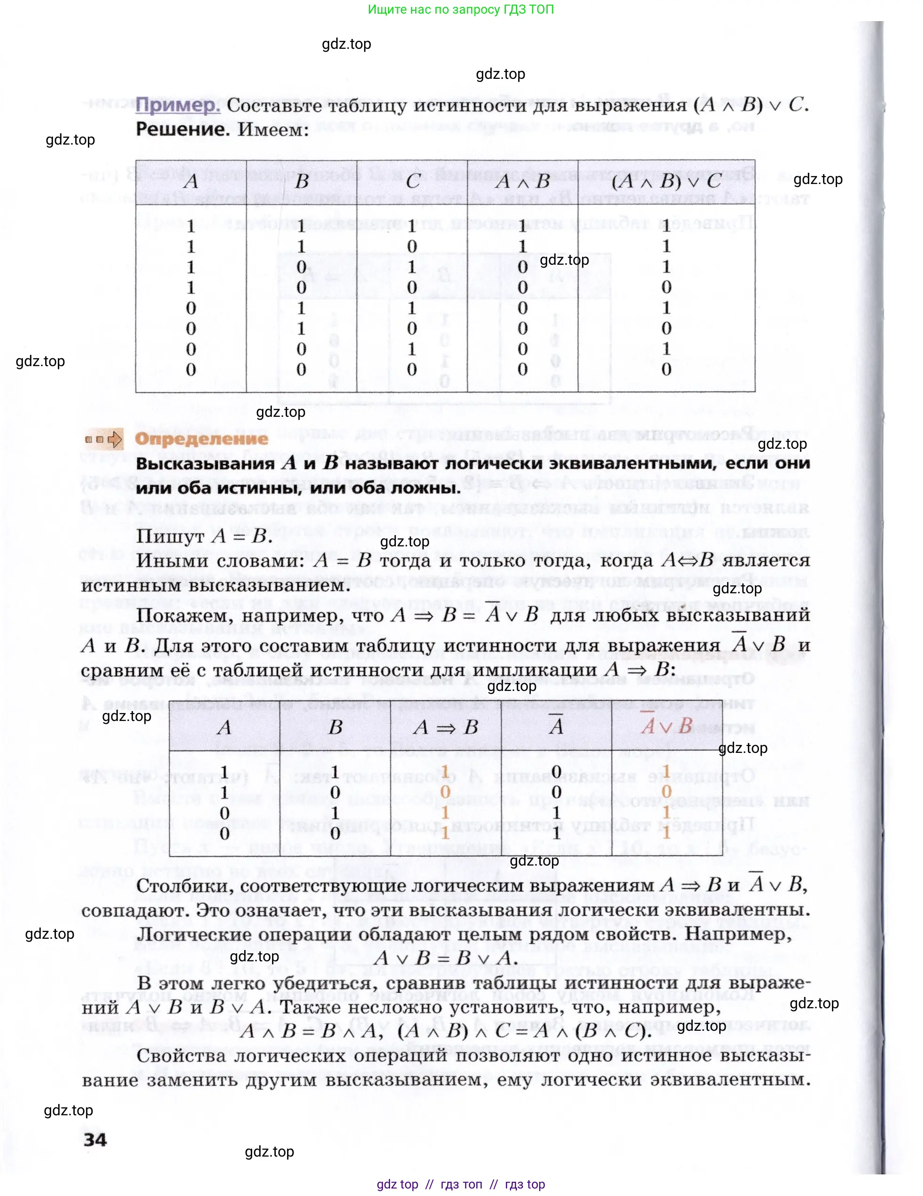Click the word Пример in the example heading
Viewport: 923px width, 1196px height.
177,104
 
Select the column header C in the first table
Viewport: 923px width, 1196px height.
412,181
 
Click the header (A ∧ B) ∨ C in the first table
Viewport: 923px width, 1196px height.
666,181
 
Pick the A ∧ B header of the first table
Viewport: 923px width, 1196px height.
522,181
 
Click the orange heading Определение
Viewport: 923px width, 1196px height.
201,438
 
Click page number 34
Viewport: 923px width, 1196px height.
95,1140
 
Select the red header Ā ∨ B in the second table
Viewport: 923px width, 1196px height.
667,726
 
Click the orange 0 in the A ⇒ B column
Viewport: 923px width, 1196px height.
445,792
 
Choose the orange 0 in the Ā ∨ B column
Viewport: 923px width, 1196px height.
667,791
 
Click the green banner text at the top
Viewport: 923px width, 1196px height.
460,9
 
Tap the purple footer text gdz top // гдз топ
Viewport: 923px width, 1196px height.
460,1185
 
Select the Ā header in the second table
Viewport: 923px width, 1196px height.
556,726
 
